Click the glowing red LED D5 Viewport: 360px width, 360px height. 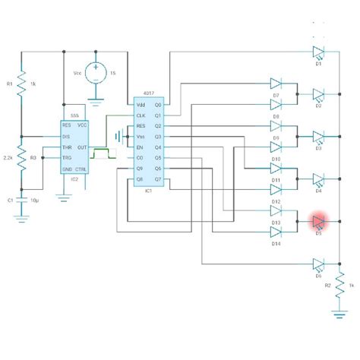[318, 221]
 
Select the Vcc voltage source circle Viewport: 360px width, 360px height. [96, 72]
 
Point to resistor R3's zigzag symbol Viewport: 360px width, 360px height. [22, 159]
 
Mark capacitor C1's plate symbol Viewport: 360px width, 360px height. [22, 200]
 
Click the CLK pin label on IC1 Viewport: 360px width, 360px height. [141, 115]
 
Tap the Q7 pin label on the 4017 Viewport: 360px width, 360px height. [158, 179]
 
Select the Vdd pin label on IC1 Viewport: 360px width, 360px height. [141, 104]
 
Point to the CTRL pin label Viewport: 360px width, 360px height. [82, 169]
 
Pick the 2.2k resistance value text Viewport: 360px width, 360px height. [8, 157]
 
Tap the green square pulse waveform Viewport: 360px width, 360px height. [101, 153]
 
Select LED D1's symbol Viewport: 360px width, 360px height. [318, 52]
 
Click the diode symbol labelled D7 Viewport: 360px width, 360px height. [276, 83]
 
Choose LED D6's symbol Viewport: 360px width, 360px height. [318, 264]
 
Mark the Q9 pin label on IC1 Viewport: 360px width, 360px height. [141, 168]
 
